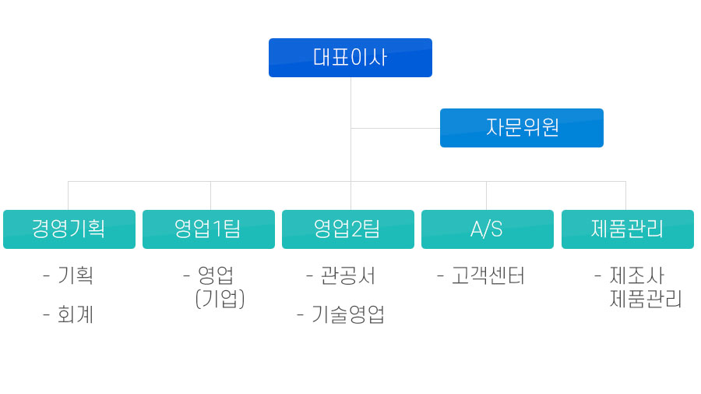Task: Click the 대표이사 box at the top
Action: pyautogui.click(x=350, y=58)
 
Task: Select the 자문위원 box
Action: pyautogui.click(x=522, y=128)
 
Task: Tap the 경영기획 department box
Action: pyautogui.click(x=69, y=229)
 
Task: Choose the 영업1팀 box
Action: pyautogui.click(x=209, y=229)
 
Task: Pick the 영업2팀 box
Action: pyautogui.click(x=348, y=229)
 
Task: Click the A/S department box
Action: pyautogui.click(x=488, y=229)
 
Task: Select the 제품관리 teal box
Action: pyautogui.click(x=628, y=229)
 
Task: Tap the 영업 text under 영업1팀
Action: pyautogui.click(x=216, y=275)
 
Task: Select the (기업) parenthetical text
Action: pyautogui.click(x=220, y=299)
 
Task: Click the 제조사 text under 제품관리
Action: pyautogui.click(x=637, y=275)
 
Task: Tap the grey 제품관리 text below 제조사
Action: pyautogui.click(x=646, y=299)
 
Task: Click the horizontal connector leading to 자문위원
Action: pyautogui.click(x=396, y=129)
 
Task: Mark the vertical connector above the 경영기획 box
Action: pyautogui.click(x=68, y=196)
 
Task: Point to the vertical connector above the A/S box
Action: pyautogui.click(x=486, y=196)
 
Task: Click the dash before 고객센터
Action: pyautogui.click(x=440, y=276)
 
